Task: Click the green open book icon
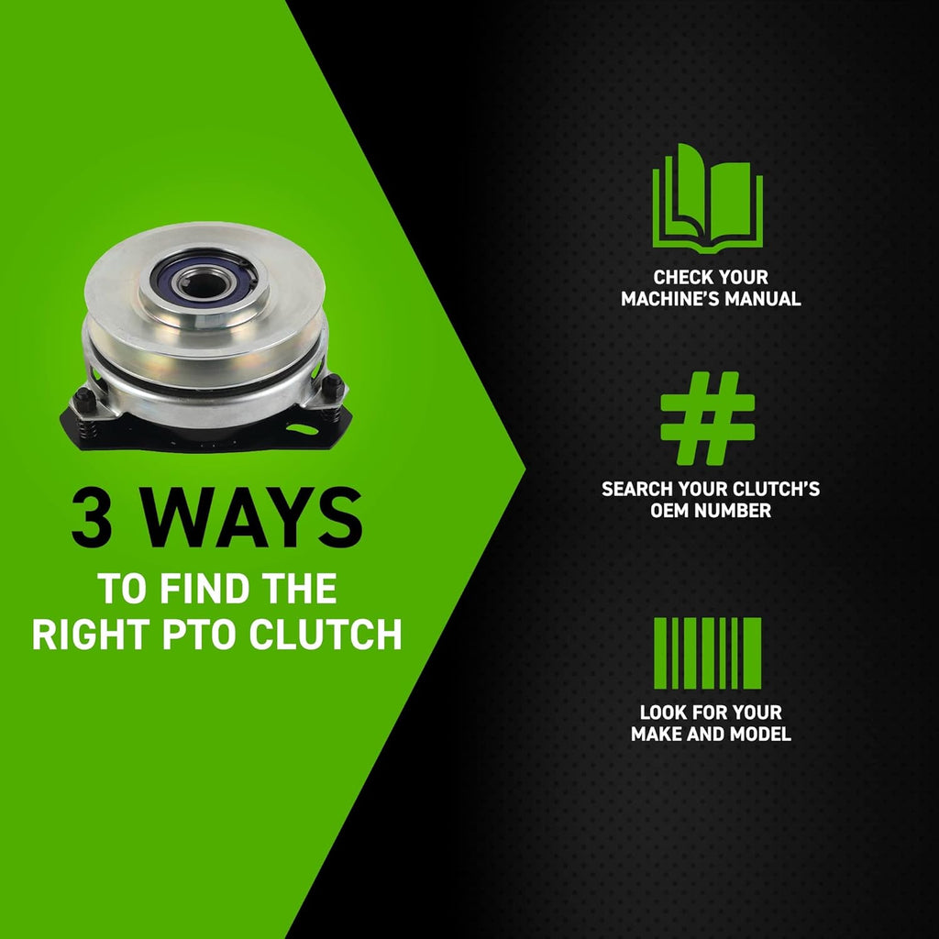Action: pos(707,198)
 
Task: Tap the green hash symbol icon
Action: pos(707,418)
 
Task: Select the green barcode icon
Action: pos(707,653)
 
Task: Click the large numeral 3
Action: pos(91,517)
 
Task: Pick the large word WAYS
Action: pos(251,517)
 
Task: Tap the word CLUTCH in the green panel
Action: pos(326,635)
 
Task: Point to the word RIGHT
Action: pos(91,635)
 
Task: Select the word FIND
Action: pos(204,588)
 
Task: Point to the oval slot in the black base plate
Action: pos(302,429)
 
